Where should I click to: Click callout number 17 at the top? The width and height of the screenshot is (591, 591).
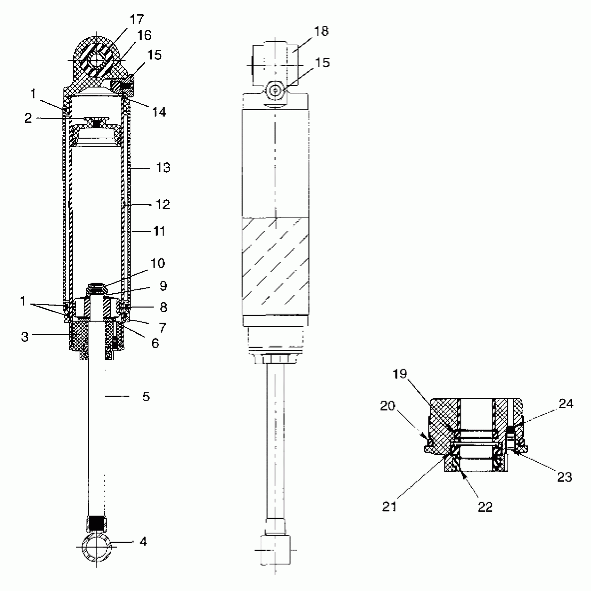136,19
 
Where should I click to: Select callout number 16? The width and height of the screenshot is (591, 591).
144,35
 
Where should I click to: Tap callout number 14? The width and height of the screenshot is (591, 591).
158,112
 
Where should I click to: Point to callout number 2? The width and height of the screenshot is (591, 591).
28,118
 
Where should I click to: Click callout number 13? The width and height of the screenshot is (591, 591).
163,168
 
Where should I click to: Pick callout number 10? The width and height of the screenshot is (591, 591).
157,263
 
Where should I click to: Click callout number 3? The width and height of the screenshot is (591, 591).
25,336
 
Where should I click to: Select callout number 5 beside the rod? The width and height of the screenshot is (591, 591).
146,396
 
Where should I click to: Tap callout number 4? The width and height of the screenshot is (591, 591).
143,542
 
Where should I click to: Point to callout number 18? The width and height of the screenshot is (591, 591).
321,31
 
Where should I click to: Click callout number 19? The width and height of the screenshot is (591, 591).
400,374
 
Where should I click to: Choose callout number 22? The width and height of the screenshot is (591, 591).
485,507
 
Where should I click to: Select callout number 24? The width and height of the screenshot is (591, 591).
566,404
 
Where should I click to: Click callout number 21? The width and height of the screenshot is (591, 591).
389,506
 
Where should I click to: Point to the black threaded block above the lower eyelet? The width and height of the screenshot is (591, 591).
97,524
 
